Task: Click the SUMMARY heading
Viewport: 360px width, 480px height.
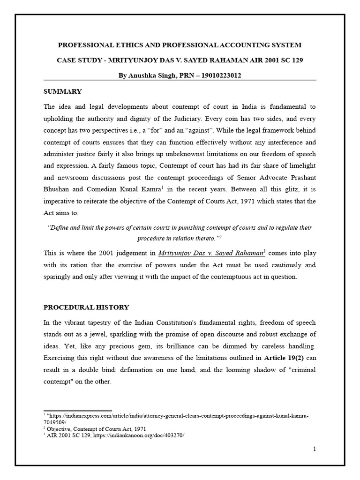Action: click(x=63, y=91)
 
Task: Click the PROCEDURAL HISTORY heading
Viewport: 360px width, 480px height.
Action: click(x=86, y=307)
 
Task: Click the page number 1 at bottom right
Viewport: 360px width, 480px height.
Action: click(x=315, y=449)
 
